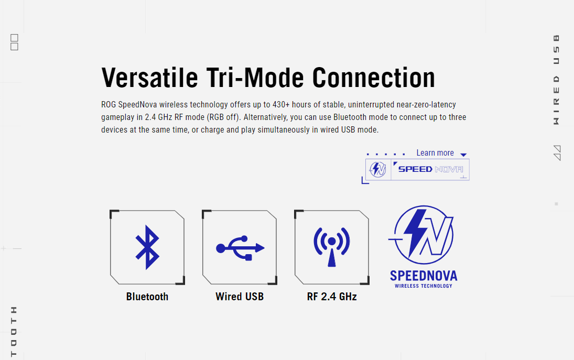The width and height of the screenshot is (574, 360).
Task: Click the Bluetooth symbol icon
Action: pyautogui.click(x=147, y=247)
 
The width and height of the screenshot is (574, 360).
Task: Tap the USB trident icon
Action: pyautogui.click(x=240, y=248)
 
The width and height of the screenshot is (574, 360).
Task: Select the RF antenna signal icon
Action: pyautogui.click(x=332, y=247)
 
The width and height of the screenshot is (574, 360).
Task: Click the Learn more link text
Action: pyautogui.click(x=435, y=153)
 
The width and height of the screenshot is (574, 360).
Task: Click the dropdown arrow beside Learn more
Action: pyautogui.click(x=463, y=155)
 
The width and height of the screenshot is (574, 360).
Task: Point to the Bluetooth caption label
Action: pyautogui.click(x=147, y=297)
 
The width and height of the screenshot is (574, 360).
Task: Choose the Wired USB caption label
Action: pyautogui.click(x=240, y=297)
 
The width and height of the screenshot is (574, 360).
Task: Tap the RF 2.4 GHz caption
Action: pyautogui.click(x=332, y=297)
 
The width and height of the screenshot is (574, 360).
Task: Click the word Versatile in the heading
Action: pyautogui.click(x=150, y=78)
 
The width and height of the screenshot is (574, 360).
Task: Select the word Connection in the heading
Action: pyautogui.click(x=373, y=78)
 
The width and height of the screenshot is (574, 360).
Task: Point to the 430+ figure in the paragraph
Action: pyautogui.click(x=281, y=105)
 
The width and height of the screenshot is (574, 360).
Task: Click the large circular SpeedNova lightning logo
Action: pyautogui.click(x=423, y=235)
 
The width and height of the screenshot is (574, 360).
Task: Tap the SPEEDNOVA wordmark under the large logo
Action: pyautogui.click(x=424, y=276)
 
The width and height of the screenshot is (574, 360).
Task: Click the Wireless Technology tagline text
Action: pyautogui.click(x=424, y=286)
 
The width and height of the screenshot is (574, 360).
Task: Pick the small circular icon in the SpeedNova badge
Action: pyautogui.click(x=378, y=169)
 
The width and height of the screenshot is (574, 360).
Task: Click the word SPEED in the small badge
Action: pyautogui.click(x=415, y=169)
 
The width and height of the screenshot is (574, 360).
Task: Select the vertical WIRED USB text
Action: pyautogui.click(x=556, y=80)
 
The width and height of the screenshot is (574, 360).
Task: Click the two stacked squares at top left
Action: pyautogui.click(x=14, y=42)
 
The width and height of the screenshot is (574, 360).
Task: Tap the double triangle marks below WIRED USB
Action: pyautogui.click(x=557, y=153)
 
